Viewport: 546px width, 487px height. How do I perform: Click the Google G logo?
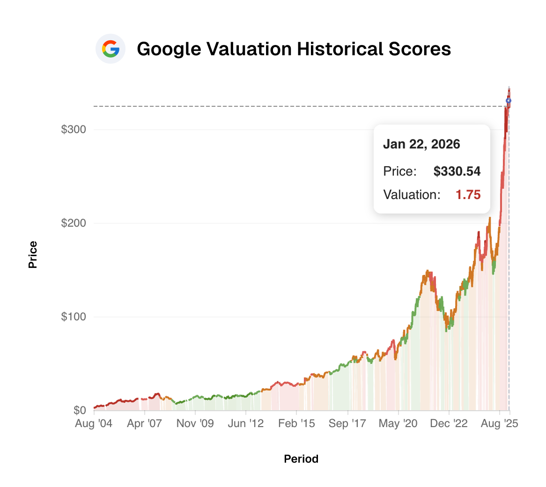(x=111, y=49)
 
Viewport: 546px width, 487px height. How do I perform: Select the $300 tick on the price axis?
(x=74, y=129)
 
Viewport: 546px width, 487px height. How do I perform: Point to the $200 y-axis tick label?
(x=74, y=223)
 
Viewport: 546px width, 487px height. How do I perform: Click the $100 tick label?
(x=74, y=317)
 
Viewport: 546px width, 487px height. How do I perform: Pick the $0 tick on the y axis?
(x=80, y=410)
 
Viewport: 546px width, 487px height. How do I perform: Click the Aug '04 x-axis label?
(x=94, y=423)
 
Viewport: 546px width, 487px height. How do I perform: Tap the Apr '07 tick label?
(x=145, y=423)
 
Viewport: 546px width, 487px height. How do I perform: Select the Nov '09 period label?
(x=195, y=423)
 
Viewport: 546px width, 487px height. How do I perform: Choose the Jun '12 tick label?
(x=246, y=423)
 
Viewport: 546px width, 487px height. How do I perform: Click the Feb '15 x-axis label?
(x=296, y=423)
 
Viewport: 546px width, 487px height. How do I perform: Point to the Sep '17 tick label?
(x=347, y=423)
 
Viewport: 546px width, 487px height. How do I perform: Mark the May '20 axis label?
(x=398, y=423)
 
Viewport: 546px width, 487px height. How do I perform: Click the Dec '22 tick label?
(x=449, y=423)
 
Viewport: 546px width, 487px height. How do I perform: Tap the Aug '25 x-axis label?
(x=499, y=423)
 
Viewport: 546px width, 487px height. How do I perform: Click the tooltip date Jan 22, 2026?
(x=421, y=144)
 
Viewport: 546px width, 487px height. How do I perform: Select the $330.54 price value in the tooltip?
(x=457, y=171)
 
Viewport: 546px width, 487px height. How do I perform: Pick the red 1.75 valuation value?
(x=468, y=195)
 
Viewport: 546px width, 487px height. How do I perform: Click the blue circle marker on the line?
(x=509, y=100)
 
